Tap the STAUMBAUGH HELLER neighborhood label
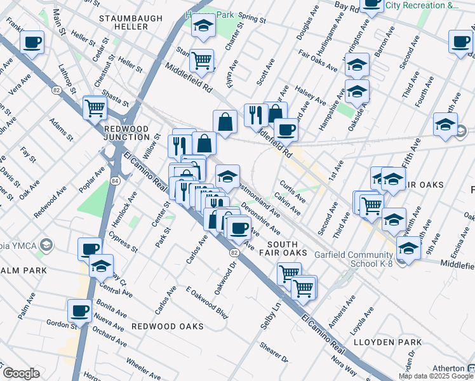pyautogui.click(x=124, y=22)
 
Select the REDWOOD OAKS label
pyautogui.click(x=168, y=326)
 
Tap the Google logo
pyautogui.click(x=20, y=373)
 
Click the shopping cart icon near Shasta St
pyautogui.click(x=95, y=108)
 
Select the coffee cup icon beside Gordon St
pyautogui.click(x=80, y=311)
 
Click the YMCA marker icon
pyautogui.click(x=45, y=244)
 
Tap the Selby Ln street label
pyautogui.click(x=265, y=316)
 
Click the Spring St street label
pyautogui.click(x=253, y=19)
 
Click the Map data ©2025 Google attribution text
pyautogui.click(x=436, y=376)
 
